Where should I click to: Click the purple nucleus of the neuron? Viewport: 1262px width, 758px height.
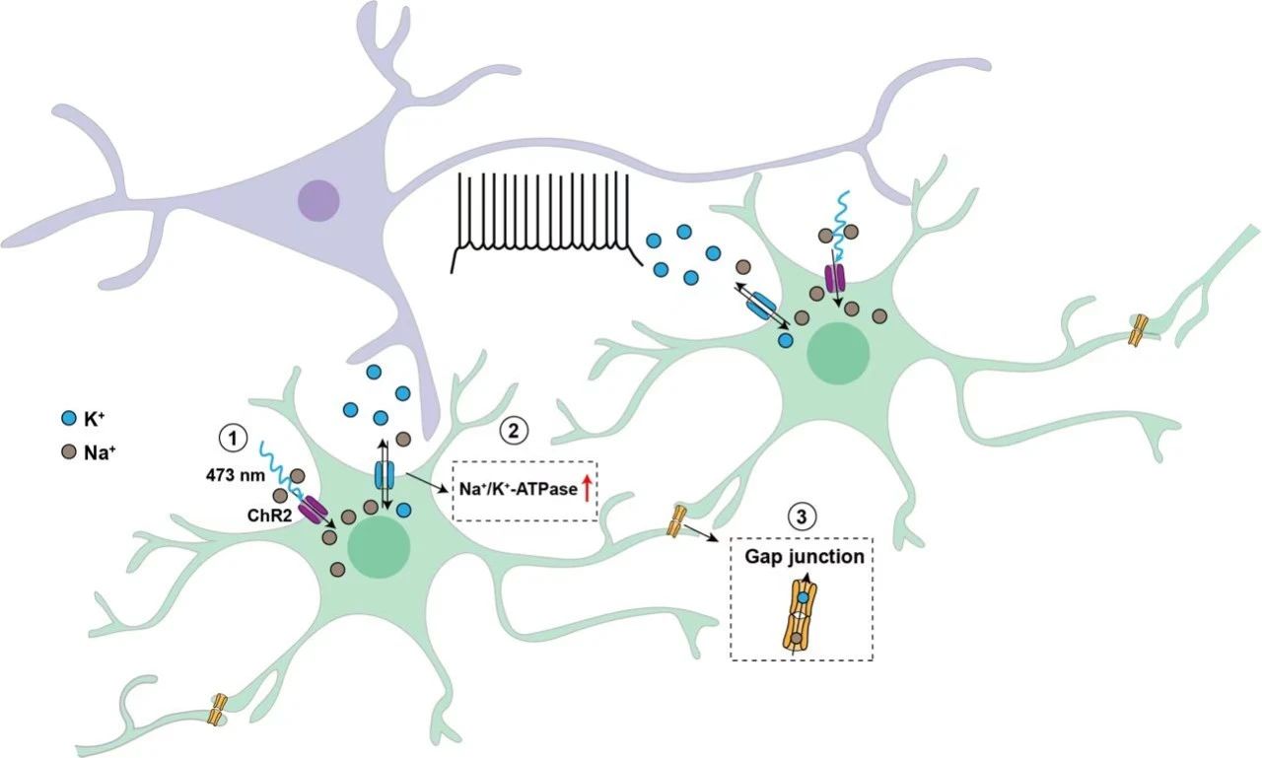coord(318,200)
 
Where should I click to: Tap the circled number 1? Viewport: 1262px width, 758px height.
coord(233,438)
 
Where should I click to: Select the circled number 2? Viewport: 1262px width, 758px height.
coord(514,431)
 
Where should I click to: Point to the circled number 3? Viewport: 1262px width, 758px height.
coord(802,517)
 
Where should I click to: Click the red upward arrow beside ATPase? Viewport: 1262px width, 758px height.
coord(587,488)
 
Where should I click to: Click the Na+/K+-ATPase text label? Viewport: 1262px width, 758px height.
coord(519,489)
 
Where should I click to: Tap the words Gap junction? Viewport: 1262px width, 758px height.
coord(804,557)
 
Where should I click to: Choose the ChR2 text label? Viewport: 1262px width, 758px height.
coord(270,516)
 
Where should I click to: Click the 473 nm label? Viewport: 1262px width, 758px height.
coord(235,475)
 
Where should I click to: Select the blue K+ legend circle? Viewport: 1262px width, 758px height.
coord(69,418)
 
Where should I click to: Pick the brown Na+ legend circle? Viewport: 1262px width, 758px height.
coord(69,451)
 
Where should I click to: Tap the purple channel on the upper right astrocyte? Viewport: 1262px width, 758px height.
coord(835,278)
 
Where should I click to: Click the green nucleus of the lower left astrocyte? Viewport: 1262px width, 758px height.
coord(379,545)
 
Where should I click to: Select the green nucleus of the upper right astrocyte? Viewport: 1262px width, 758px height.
coord(838,354)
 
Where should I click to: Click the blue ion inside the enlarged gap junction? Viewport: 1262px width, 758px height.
coord(805,597)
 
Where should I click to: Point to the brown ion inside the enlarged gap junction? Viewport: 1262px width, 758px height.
coord(796,638)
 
